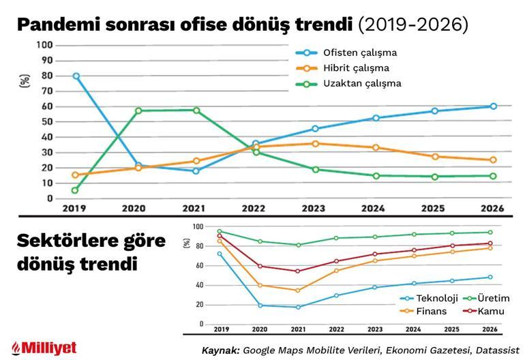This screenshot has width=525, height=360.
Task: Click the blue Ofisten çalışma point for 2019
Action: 76,76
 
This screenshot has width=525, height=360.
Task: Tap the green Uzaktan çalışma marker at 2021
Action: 196,110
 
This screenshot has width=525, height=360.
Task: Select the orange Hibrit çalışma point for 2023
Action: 315,144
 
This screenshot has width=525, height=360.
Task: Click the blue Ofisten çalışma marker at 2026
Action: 493,106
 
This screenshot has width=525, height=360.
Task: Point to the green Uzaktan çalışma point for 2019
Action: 76,190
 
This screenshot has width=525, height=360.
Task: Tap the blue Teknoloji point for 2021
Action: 298,307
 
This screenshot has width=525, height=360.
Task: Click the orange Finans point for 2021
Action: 298,290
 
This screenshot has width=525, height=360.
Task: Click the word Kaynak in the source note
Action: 220,349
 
